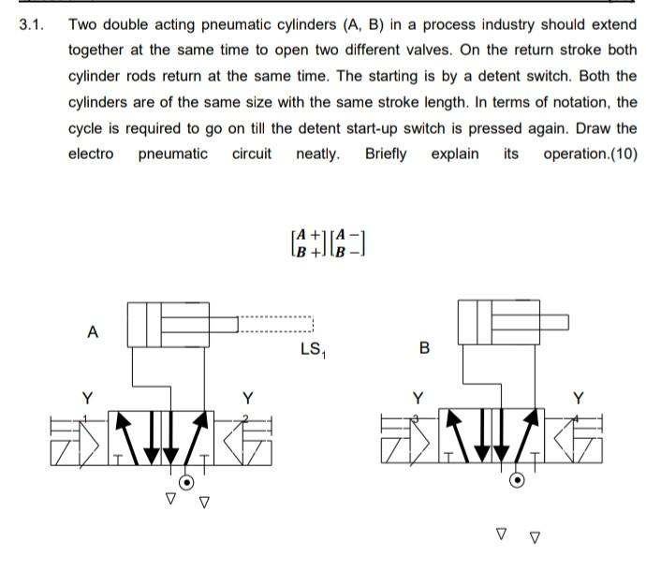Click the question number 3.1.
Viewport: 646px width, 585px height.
[x=32, y=24]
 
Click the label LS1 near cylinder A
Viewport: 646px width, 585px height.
[x=312, y=350]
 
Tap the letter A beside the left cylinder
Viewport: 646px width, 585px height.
[x=92, y=331]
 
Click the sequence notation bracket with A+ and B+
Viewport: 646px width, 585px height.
[x=308, y=242]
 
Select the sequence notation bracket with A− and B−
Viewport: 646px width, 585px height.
[x=347, y=242]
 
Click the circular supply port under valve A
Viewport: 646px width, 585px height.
[x=187, y=482]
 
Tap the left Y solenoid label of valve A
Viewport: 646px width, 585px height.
[x=86, y=396]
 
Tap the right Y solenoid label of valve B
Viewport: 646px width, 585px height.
[x=578, y=396]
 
